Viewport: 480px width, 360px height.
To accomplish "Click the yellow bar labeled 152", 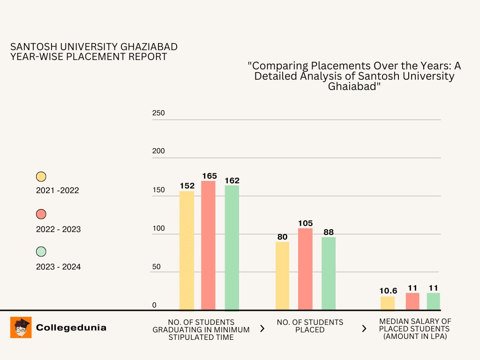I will [x=187, y=251].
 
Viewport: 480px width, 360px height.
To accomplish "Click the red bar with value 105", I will [x=305, y=269].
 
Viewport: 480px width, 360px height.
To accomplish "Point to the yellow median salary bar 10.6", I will [x=387, y=303].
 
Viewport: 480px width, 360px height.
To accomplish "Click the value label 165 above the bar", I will [x=210, y=176].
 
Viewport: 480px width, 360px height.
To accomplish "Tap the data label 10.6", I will [x=388, y=291].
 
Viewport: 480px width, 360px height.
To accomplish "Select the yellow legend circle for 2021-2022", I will [x=41, y=177].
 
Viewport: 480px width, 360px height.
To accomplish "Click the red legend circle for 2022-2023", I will [x=41, y=214].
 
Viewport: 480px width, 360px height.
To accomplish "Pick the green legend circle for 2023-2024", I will [x=41, y=252].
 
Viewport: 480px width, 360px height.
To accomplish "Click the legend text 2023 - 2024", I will [x=58, y=267].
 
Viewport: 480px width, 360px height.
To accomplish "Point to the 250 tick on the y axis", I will [x=158, y=113].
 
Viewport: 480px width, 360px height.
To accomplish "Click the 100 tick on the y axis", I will [x=158, y=228].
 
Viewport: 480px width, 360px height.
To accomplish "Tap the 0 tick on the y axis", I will [x=154, y=305].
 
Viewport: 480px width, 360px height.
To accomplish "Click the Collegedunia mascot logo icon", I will [x=21, y=327].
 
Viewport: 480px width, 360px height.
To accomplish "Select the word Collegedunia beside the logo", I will [x=71, y=328].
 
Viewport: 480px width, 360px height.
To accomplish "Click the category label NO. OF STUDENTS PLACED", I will [x=310, y=326].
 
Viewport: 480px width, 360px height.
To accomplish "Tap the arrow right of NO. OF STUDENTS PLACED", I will [x=364, y=329].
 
